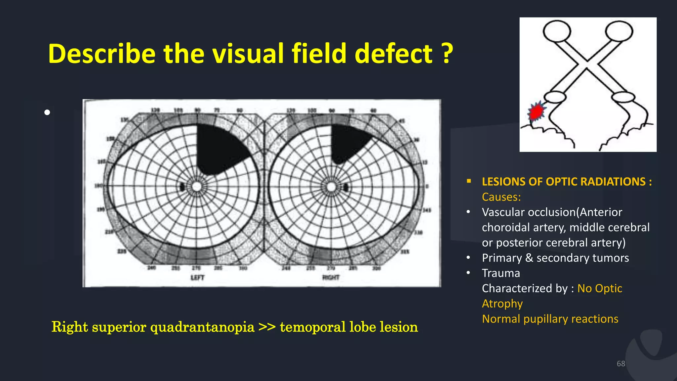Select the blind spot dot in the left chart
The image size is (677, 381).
point(182,187)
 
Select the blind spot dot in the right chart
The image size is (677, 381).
point(346,188)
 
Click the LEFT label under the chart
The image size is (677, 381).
point(197,277)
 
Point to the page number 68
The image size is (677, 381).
point(620,364)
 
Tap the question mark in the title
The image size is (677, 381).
point(447,54)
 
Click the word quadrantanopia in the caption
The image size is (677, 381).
point(202,327)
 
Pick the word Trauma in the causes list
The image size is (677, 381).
point(501,273)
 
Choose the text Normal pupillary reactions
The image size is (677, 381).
point(550,319)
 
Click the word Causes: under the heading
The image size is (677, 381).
point(501,197)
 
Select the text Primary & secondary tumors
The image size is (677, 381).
point(555,258)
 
